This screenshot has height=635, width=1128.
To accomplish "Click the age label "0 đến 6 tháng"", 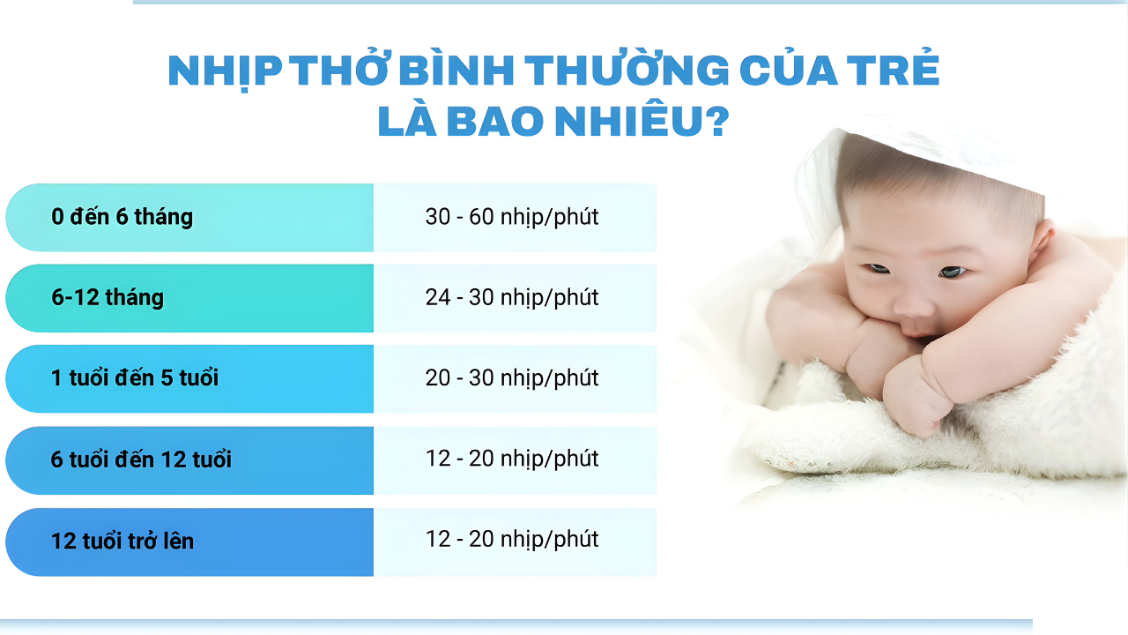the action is pos(122,217).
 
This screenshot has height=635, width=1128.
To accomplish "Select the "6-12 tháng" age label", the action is pos(108,297).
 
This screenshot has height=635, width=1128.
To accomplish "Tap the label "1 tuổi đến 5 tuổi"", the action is pos(135,378).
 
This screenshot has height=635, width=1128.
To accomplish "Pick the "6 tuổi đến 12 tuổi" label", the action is pos(141,459).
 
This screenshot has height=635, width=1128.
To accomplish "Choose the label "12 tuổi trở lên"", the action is pos(122,541).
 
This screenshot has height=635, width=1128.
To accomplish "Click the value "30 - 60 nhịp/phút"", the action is pos(512,217).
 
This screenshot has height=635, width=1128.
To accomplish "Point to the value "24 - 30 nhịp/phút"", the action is pos(512,297).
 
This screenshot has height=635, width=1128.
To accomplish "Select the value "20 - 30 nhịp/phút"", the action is pos(512,378).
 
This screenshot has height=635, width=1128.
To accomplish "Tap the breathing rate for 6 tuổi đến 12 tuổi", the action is pos(512,459).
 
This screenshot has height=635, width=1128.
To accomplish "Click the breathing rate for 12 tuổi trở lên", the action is pos(512,539).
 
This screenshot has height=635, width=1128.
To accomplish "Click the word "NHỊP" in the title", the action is pos(225,72).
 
